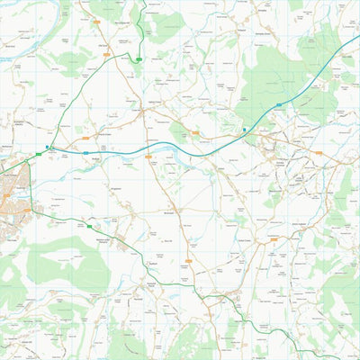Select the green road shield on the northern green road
pyautogui.click(x=139, y=59)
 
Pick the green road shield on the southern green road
pyautogui.click(x=89, y=227)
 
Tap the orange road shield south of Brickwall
pyautogui.click(x=188, y=261)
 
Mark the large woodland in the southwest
pyautogui.click(x=67, y=265)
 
